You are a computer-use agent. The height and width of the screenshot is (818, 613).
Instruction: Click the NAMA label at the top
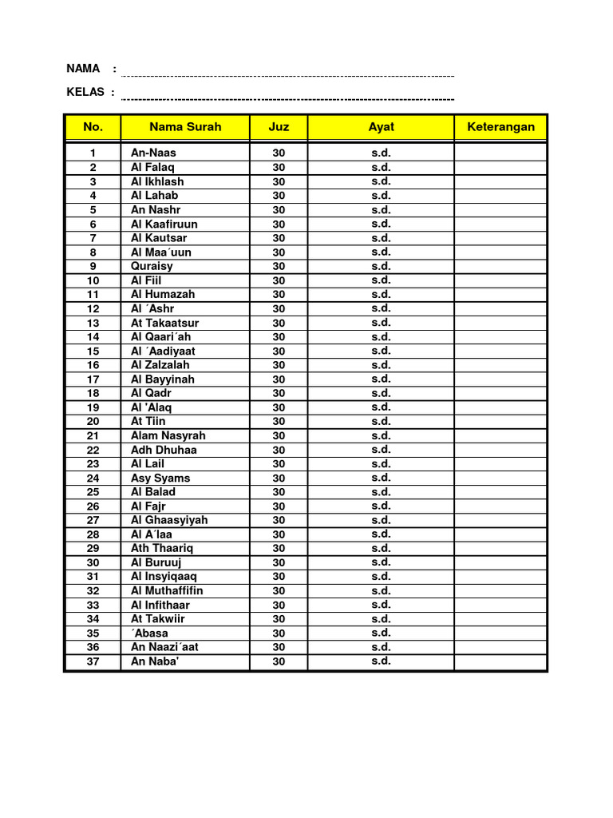click(83, 69)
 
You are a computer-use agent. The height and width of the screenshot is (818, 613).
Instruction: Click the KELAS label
click(85, 92)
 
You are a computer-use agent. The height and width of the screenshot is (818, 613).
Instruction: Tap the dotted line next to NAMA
click(287, 76)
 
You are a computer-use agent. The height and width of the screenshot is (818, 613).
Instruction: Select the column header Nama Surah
click(185, 127)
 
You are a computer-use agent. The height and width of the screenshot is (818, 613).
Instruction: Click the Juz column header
click(279, 127)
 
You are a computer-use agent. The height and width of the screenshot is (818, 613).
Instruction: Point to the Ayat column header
click(381, 127)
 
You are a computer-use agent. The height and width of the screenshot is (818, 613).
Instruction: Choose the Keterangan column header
click(500, 127)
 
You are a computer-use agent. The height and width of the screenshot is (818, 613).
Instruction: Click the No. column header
click(93, 127)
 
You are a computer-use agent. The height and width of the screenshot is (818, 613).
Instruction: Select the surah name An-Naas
click(153, 153)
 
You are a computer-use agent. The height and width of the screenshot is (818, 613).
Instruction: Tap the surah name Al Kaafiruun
click(164, 224)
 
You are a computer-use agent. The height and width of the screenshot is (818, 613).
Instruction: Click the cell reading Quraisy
click(152, 266)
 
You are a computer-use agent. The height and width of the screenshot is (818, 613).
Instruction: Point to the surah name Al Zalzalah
click(160, 365)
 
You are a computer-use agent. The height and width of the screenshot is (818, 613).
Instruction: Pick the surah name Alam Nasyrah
click(168, 435)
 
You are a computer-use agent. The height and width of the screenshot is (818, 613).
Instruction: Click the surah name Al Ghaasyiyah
click(169, 520)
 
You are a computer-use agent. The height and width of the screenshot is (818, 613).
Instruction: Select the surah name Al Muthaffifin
click(167, 590)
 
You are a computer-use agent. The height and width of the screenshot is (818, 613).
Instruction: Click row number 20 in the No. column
click(93, 421)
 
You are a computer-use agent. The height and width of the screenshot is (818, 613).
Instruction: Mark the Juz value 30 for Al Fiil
click(279, 280)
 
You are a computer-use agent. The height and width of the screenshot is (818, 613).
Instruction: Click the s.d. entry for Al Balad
click(381, 491)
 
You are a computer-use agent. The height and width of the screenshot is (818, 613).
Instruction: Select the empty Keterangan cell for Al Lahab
click(500, 195)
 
